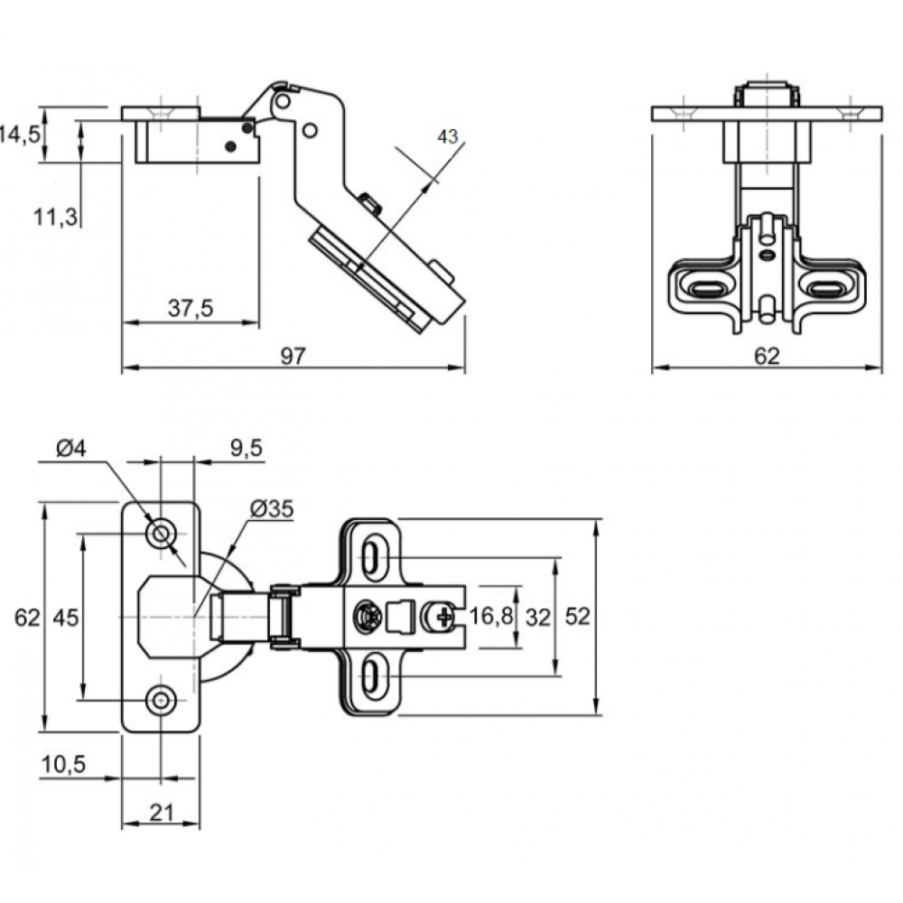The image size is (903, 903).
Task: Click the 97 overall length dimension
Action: click(291, 356)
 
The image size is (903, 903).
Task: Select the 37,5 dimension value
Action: click(190, 309)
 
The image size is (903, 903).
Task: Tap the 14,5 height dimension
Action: click(19, 135)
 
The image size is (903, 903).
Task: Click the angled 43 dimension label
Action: click(448, 136)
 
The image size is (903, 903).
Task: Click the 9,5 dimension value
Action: click(247, 447)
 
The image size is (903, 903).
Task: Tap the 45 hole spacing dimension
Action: click(65, 618)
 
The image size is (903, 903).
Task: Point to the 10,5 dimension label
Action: click(62, 765)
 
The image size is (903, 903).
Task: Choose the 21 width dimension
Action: click(161, 813)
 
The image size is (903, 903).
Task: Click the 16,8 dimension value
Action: click(492, 617)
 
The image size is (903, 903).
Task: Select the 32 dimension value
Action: click(538, 617)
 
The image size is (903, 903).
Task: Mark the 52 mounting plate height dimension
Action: click(578, 617)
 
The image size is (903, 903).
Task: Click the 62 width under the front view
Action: click(766, 356)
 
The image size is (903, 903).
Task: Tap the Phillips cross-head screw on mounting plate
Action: click(443, 618)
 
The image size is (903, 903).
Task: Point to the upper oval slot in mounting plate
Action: click(371, 555)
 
